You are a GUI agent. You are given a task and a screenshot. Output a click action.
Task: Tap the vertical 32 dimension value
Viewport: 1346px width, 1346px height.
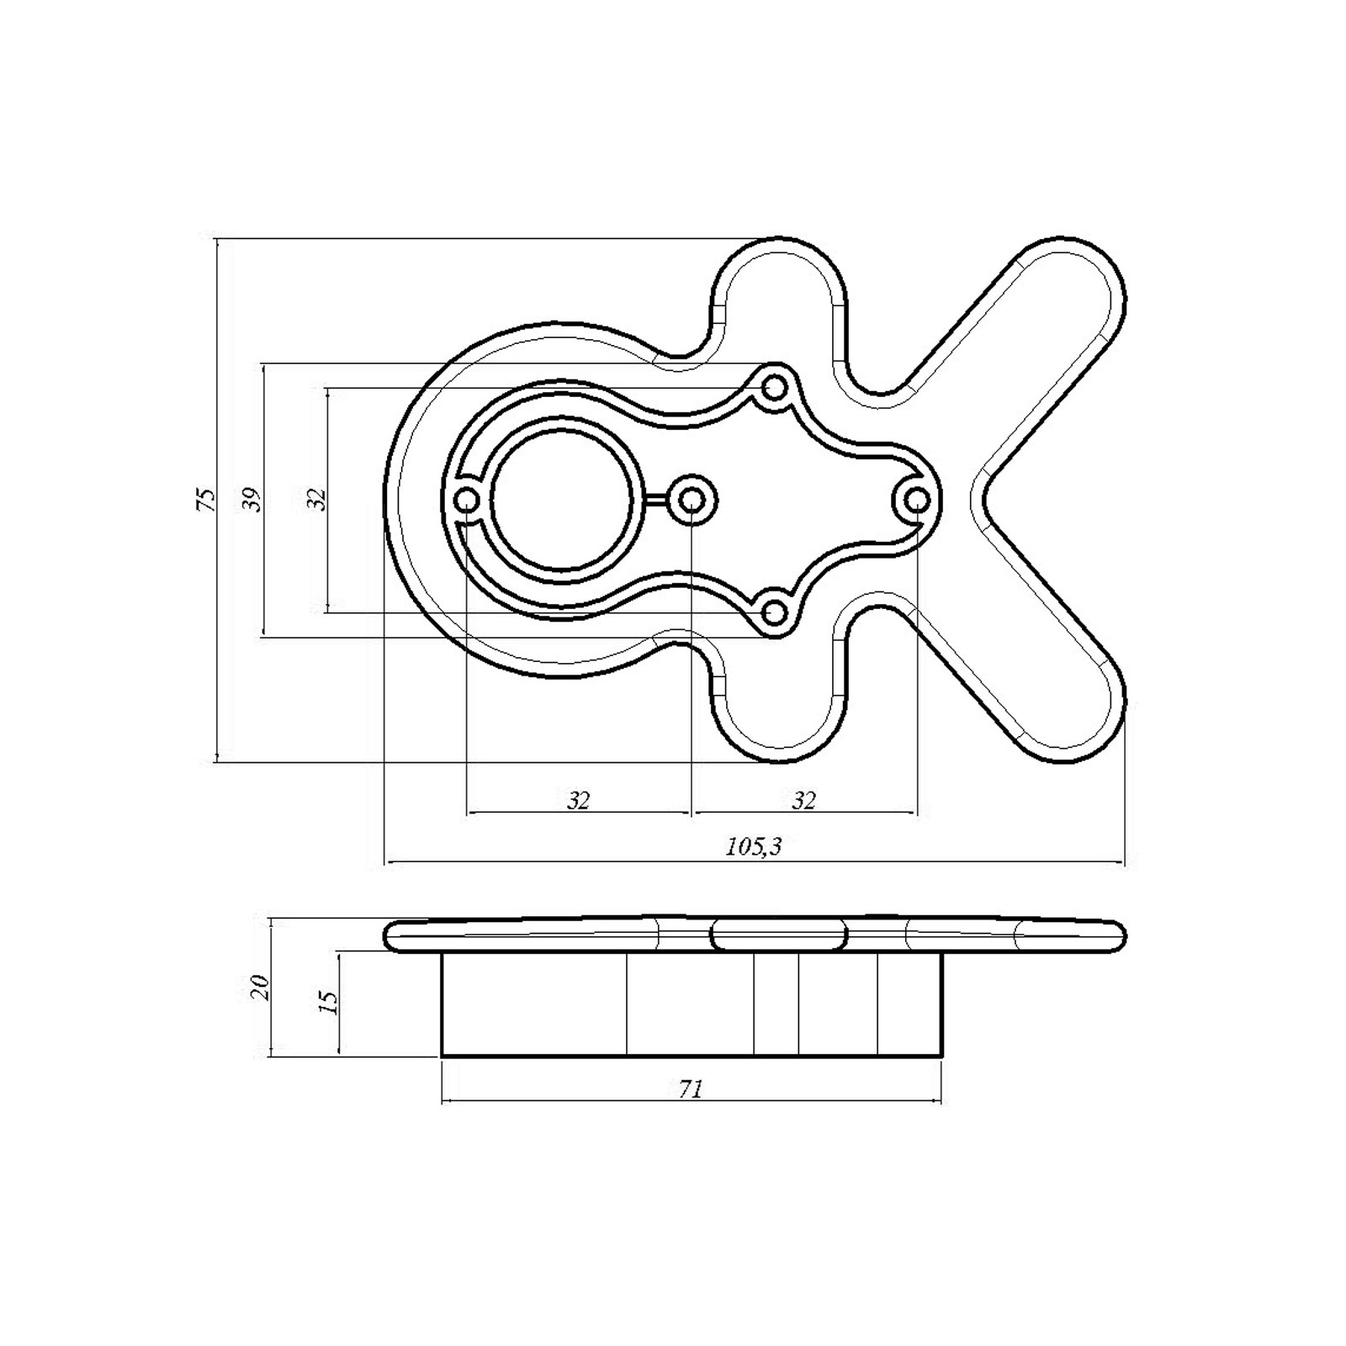click(316, 500)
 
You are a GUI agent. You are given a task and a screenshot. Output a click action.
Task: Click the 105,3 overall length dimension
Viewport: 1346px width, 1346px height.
click(754, 846)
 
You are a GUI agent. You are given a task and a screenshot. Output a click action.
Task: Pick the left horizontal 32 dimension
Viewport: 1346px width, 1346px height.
click(578, 800)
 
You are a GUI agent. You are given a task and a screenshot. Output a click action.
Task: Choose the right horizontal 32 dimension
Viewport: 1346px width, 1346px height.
click(804, 800)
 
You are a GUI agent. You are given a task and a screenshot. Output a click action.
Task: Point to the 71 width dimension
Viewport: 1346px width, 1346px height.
click(690, 1089)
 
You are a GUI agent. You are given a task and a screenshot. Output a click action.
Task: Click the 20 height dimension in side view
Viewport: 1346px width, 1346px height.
click(261, 986)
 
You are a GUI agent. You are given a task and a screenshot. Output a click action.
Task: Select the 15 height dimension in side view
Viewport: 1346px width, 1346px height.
click(330, 1001)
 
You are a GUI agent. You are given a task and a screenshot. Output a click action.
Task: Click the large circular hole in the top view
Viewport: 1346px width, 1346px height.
click(560, 500)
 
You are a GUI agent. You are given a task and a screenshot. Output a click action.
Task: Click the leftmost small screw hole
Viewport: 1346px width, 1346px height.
click(466, 501)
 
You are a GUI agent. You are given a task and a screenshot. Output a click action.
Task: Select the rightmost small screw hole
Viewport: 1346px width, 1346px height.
click(917, 501)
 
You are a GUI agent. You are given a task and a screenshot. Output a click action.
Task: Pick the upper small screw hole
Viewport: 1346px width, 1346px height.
click(774, 388)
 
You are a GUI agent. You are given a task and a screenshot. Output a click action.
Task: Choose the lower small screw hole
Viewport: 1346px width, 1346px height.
click(774, 612)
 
